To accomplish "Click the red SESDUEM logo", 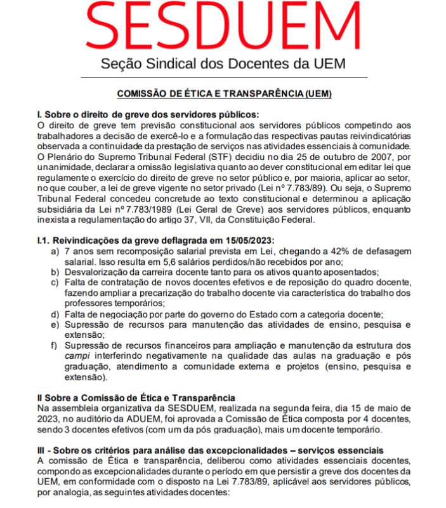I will (223, 27).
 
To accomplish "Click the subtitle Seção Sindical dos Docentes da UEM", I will (223, 64).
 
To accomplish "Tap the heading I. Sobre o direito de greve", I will (148, 114).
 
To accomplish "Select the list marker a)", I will (55, 251).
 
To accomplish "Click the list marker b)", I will (55, 272).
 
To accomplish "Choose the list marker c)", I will (55, 283).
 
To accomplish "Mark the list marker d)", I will (55, 314).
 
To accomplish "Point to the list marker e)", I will (55, 324).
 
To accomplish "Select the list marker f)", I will (55, 345).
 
